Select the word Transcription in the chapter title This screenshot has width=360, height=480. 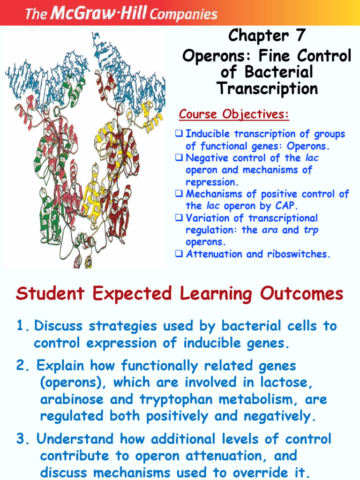pos(267,88)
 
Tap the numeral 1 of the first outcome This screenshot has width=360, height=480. pos(20,326)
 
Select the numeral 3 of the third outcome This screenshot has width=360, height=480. pos(20,439)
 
